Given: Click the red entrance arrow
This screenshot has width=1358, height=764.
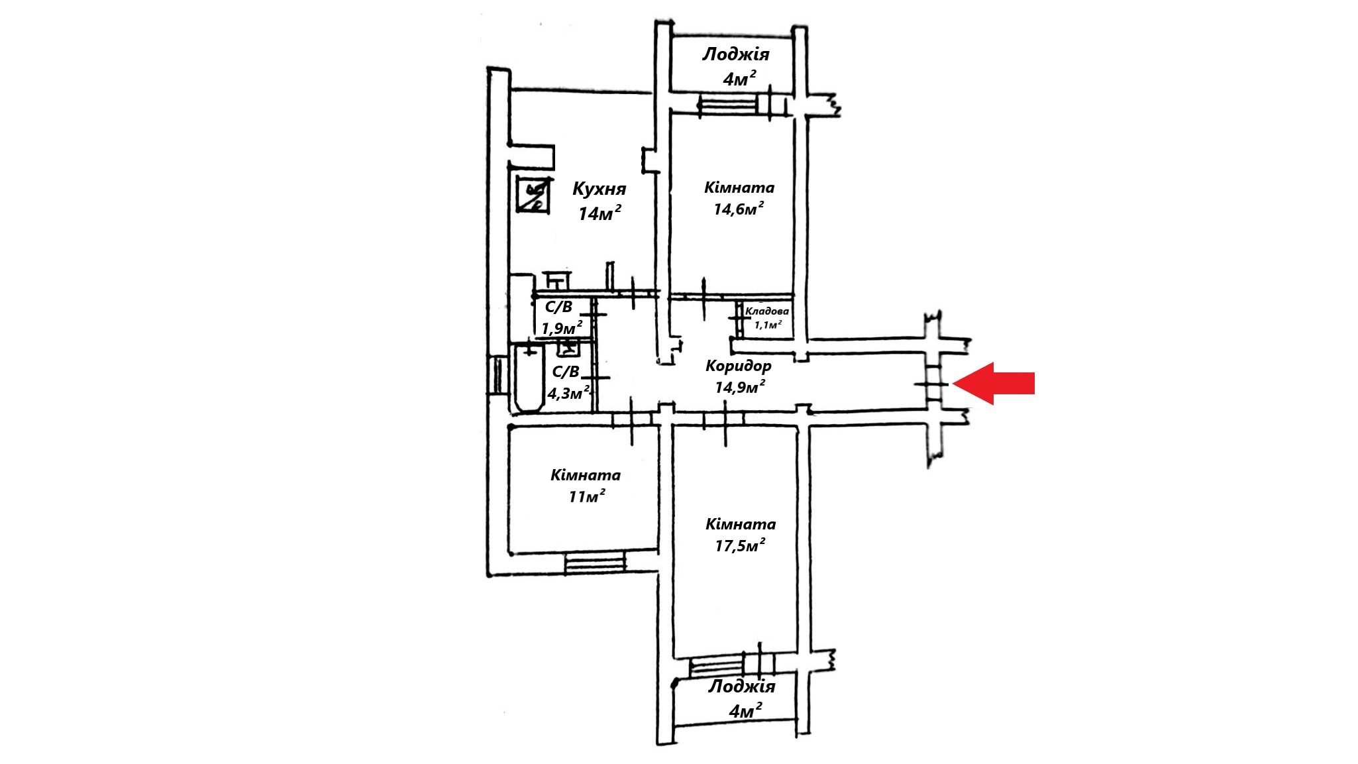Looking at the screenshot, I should tap(994, 383).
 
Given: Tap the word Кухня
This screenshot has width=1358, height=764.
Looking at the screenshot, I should tap(599, 190).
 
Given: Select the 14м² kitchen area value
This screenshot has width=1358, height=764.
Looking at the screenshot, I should tap(600, 213).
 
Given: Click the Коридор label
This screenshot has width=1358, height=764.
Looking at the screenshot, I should tap(738, 366).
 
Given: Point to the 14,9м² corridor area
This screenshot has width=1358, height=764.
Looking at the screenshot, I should tap(740, 387).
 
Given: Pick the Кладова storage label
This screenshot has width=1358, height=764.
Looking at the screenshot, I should tap(767, 311).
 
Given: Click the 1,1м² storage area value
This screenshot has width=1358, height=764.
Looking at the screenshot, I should tap(768, 324).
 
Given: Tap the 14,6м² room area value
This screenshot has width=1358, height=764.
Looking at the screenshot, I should tap(739, 209).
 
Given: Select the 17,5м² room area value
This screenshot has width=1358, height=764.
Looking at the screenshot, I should tap(740, 546).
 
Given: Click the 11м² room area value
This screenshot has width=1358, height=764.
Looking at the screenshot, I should tap(586, 497).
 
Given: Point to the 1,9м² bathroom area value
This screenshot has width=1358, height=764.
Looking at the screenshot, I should tap(562, 328).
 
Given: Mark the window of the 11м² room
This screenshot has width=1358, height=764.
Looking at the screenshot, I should tap(595, 564).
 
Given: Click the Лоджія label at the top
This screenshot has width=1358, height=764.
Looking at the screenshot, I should tap(735, 54).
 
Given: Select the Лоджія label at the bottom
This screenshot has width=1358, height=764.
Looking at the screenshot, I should tap(741, 686).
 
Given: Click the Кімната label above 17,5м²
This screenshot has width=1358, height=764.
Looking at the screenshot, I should tap(741, 525).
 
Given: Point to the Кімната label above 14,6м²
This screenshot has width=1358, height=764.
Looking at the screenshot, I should tap(739, 188).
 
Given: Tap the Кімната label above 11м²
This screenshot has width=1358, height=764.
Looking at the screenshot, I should tap(586, 476).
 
